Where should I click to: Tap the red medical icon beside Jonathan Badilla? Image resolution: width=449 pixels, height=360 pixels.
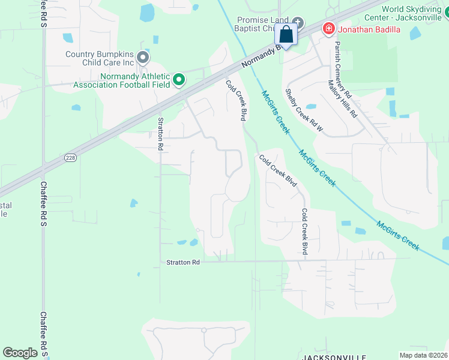click(x=328, y=28)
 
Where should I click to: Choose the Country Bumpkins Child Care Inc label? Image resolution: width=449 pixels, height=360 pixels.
click(x=100, y=58)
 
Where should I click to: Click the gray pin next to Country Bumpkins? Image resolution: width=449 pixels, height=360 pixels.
click(x=143, y=58)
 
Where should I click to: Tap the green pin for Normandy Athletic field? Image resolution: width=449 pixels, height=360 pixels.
click(x=178, y=79)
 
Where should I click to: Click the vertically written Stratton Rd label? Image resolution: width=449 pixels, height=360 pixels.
click(x=160, y=133)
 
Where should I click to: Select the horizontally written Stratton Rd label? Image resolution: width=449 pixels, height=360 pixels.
click(x=183, y=262)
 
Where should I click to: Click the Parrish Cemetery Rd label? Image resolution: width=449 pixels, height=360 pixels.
click(x=343, y=70)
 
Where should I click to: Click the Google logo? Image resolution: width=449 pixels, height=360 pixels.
click(x=20, y=352)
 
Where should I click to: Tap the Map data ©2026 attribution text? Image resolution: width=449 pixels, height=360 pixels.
click(x=423, y=355)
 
